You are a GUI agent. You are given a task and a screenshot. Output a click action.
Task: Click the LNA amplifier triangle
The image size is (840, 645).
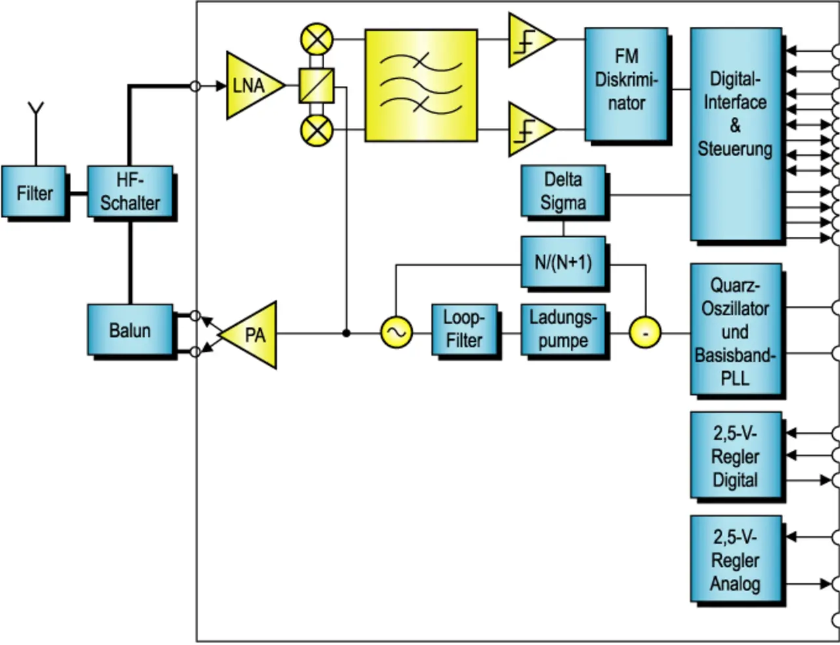coord(252,85)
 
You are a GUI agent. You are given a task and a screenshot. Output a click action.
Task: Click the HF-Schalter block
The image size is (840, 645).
coord(130,192)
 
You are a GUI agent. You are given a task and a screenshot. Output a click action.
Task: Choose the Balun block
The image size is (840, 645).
coord(130,329)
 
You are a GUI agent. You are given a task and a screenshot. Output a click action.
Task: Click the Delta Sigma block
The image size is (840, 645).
coord(563,191)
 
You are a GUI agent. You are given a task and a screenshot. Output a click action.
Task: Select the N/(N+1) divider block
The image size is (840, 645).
coord(563,262)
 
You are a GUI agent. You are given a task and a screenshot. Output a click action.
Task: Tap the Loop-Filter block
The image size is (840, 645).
coord(464,329)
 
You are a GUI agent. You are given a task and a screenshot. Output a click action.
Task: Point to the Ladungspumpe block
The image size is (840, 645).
coord(563,329)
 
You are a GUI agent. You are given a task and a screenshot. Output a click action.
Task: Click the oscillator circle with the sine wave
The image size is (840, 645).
coord(396,333)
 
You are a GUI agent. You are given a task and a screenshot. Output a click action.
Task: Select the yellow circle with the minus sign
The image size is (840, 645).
coord(645,333)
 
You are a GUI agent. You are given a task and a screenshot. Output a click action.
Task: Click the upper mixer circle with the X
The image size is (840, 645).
coord(316,40)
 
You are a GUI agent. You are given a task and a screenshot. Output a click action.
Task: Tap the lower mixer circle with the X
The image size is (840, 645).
coord(316,130)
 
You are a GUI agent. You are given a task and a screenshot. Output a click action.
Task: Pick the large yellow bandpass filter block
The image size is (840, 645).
coord(421,85)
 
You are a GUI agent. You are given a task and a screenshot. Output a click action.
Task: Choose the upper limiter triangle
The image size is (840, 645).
coord(528,40)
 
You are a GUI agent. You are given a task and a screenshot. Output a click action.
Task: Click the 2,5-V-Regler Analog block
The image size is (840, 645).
coord(736,559)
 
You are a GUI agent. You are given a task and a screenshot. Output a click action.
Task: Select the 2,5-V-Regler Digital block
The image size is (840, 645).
coord(736,456)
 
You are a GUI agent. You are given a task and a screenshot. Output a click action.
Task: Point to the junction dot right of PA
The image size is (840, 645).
coord(346,333)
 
